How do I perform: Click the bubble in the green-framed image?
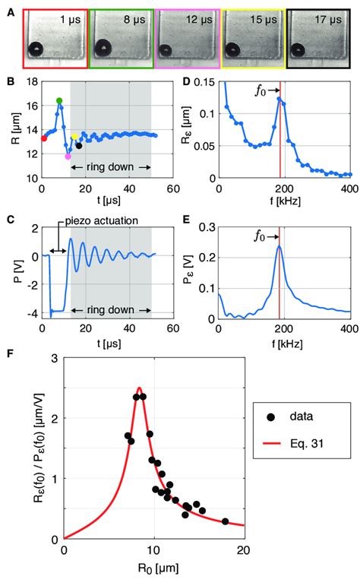point(100,50)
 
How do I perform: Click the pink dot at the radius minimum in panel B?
point(68,156)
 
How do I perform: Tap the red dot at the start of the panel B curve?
point(44,138)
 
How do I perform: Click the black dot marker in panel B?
point(78,145)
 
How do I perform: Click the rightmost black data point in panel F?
point(225,521)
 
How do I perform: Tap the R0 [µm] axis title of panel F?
point(154,567)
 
